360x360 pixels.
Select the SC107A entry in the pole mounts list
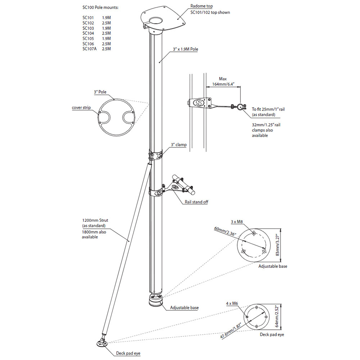coord(89,49)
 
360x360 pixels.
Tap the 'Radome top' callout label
coord(201,6)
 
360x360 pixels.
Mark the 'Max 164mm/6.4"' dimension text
coord(223,82)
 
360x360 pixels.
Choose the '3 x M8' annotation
coord(237,222)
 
